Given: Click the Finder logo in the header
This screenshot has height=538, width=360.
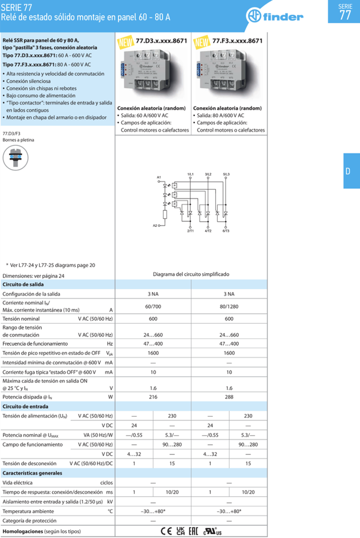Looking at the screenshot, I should coord(275,16).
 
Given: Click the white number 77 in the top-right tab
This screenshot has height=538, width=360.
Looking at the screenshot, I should coord(345,15).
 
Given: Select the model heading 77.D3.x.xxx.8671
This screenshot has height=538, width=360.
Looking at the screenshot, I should coord(161,40).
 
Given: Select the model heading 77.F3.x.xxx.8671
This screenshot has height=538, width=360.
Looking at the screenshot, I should coord(237,40).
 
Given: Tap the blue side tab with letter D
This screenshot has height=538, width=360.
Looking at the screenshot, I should coord(348,171).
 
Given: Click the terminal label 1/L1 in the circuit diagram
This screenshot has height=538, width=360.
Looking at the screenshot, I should coord(190,173).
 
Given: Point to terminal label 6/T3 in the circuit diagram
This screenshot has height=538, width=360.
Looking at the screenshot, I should coord(226,231).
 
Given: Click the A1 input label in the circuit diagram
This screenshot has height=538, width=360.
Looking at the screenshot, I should coord(159,177).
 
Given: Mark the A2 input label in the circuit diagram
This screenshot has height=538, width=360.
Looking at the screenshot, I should coord(156,225).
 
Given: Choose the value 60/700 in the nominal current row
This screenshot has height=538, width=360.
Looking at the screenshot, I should coord(152,306).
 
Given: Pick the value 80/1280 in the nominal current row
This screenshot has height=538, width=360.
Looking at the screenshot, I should coord(229,306).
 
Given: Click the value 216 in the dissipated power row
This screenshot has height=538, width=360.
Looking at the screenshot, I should coord(152,397).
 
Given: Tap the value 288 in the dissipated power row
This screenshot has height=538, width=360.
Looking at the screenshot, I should coord(229,397).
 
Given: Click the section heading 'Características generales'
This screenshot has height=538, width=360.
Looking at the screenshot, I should coord(33,473).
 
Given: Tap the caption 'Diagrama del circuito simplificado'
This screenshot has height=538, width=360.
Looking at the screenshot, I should coord(191,274).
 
